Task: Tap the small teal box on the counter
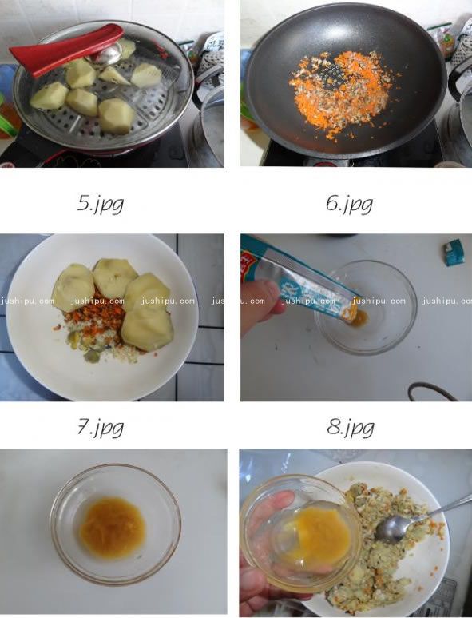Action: (x=454, y=252)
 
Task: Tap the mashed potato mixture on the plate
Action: (x=383, y=560)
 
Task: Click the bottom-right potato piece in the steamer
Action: (x=117, y=116)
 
